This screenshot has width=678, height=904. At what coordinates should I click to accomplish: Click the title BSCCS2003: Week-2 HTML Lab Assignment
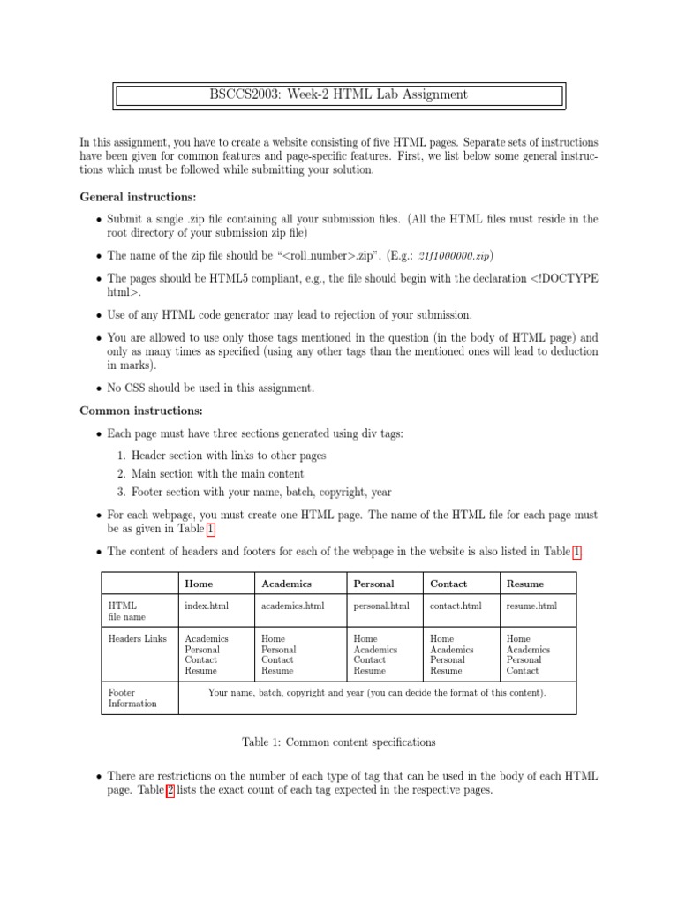340,94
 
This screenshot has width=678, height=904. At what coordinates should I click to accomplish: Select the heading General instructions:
139,196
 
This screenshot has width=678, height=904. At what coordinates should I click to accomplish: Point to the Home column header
199,584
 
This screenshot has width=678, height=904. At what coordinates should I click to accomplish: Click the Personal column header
373,584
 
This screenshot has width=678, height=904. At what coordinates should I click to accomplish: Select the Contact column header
448,584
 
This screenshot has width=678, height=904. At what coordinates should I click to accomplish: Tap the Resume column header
525,584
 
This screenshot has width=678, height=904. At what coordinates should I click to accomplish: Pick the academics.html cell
293,606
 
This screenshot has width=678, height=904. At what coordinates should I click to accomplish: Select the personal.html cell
381,606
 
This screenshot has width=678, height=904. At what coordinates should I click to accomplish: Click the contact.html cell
456,606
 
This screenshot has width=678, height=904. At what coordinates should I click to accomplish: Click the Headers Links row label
137,638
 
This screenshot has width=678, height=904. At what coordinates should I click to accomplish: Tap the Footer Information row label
132,698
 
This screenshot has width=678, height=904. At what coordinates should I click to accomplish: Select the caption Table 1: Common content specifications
339,742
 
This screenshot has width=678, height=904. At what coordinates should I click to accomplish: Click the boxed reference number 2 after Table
170,792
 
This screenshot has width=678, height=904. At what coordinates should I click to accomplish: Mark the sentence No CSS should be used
210,388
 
